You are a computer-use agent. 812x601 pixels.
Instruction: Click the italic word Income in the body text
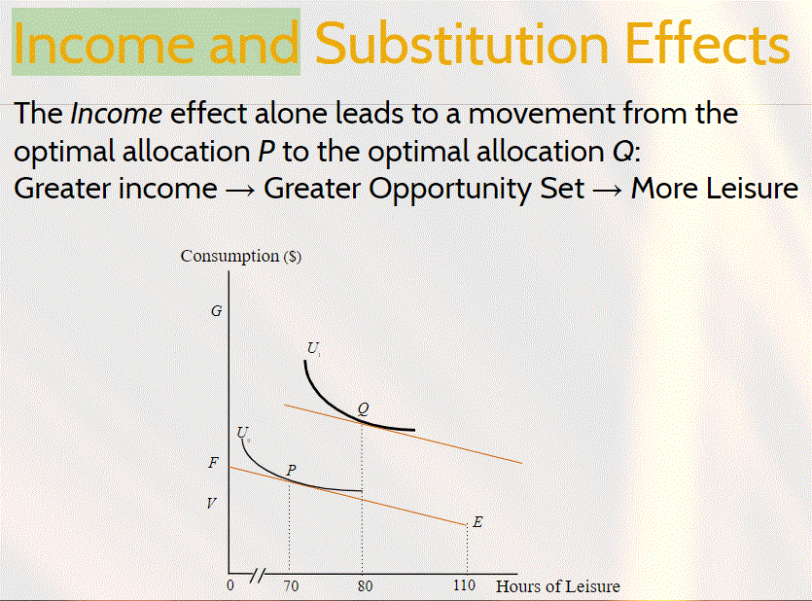coord(117,114)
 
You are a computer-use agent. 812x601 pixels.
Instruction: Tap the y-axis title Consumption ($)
coord(241,257)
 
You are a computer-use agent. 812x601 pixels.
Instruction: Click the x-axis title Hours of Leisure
coord(557,586)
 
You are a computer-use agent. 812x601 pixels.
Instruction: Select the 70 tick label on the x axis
coord(291,586)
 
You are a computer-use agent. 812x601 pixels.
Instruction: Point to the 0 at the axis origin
coord(230,586)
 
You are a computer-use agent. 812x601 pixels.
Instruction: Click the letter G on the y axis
coord(217,311)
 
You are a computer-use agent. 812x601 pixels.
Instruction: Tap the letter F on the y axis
coord(213,463)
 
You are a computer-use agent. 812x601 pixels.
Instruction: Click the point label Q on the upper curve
coord(363,409)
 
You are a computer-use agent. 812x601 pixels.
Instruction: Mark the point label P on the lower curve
coord(291,471)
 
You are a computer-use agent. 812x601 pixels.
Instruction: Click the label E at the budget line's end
coord(477,522)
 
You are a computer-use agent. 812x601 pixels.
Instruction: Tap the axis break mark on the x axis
coord(259,574)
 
